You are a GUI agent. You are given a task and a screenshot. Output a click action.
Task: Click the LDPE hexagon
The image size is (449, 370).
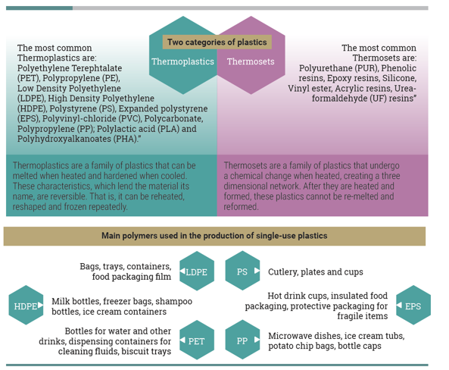click(197, 271)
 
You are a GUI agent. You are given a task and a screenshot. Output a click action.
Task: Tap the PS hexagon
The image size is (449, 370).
click(242, 271)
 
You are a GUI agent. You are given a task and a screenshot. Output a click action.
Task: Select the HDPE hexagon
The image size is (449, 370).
click(26, 306)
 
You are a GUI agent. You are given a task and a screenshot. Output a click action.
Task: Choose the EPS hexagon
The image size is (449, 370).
click(413, 306)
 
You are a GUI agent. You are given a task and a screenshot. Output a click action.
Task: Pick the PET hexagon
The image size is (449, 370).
click(197, 340)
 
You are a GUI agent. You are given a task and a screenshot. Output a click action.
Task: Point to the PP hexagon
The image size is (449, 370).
click(242, 340)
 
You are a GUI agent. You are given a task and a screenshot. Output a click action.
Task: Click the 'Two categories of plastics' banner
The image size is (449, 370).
click(217, 42)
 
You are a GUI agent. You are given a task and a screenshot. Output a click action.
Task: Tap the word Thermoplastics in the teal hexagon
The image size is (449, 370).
click(182, 61)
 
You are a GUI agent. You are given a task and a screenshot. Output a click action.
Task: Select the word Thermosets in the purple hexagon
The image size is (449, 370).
click(251, 61)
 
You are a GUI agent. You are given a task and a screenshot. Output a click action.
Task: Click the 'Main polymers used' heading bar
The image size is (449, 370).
click(214, 236)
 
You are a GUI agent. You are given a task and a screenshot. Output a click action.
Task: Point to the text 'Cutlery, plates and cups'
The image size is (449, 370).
click(316, 272)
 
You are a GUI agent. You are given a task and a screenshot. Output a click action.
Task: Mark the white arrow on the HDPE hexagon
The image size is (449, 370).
click(40, 305)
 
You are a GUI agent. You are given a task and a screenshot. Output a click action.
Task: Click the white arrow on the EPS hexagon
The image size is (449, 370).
click(399, 306)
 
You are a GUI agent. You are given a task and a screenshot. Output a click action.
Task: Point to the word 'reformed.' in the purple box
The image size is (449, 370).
click(241, 207)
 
